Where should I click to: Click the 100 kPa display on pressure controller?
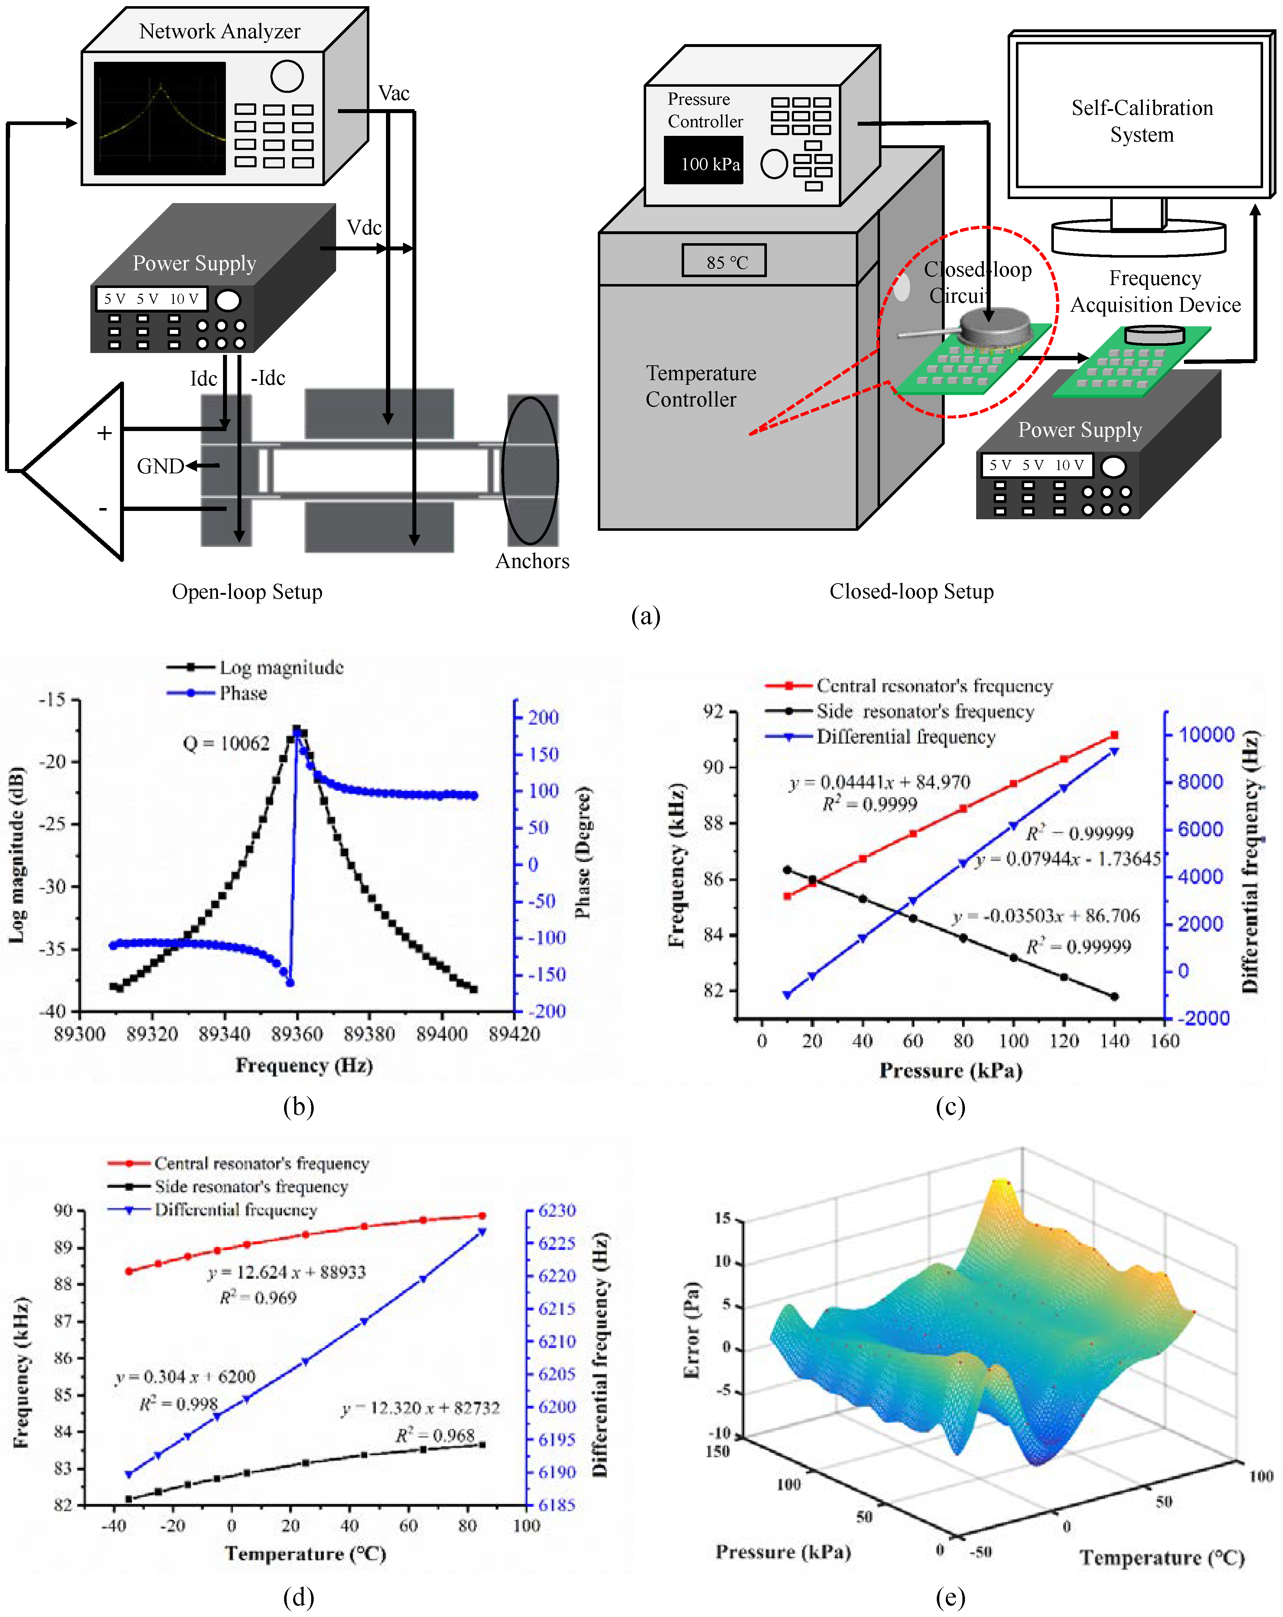(x=709, y=163)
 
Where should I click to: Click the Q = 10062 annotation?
(x=226, y=743)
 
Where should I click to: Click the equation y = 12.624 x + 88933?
(x=287, y=1272)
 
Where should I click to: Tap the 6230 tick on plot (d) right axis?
(x=557, y=1210)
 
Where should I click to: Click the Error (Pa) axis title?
(x=692, y=1330)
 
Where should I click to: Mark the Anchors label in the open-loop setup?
(x=532, y=561)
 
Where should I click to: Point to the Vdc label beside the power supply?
(x=364, y=227)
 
